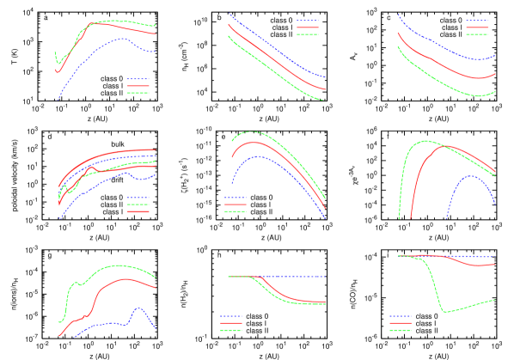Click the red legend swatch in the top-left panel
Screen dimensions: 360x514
[138, 86]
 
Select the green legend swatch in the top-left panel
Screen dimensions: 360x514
[138, 93]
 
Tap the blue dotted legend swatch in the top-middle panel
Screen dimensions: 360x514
[308, 21]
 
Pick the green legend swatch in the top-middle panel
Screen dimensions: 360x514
[308, 34]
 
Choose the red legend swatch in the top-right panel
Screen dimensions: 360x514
[477, 27]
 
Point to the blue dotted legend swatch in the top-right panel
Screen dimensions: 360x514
[477, 21]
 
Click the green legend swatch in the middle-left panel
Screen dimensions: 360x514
[138, 204]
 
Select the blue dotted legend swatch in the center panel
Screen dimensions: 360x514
[236, 198]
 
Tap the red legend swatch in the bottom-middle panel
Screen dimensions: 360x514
[231, 323]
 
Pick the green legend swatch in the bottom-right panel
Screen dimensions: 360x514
[401, 330]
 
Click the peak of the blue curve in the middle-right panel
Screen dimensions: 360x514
[470, 175]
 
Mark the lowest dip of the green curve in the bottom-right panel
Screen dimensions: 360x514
[445, 311]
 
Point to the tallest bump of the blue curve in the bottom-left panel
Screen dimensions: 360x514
[138, 308]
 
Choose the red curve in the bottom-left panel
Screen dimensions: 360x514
[112, 284]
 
